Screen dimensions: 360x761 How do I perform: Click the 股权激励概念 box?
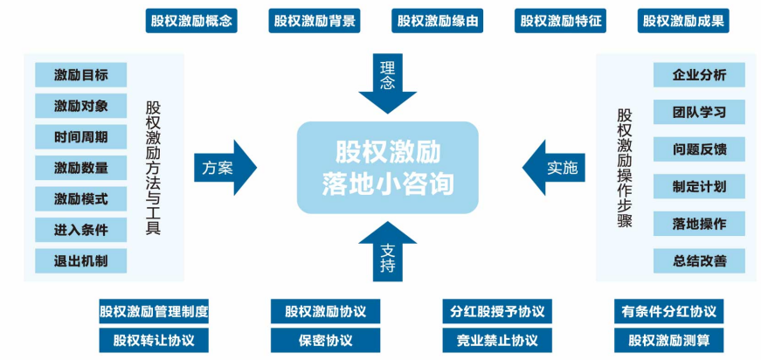tap(191, 21)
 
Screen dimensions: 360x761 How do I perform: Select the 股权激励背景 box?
tap(315, 21)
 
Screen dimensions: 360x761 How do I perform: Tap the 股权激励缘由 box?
tap(438, 21)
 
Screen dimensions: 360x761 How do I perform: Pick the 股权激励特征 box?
tap(561, 21)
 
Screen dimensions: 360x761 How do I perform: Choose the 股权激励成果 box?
tap(684, 21)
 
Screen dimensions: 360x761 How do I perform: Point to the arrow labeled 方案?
tap(225, 167)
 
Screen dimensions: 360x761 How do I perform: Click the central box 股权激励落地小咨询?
tap(387, 168)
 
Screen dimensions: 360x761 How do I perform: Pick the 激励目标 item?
tap(80, 74)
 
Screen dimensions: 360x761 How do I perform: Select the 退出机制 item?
tap(80, 260)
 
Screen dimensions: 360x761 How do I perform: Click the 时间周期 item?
tap(80, 136)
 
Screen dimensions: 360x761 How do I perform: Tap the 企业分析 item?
tap(699, 74)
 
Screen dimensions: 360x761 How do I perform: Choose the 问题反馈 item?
tap(699, 149)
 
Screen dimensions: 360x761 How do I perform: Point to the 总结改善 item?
tap(699, 260)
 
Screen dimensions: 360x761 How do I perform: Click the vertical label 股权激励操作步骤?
tap(625, 167)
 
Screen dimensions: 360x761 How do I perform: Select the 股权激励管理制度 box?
tap(154, 311)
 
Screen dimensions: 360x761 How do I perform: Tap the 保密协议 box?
tap(325, 339)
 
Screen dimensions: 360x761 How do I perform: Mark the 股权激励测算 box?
tap(668, 339)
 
